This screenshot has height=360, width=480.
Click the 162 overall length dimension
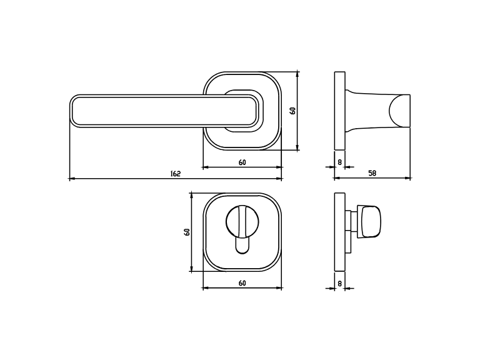pos(176,174)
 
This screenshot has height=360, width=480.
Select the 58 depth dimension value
pos(372,173)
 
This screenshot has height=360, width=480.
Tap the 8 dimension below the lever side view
pos(339,162)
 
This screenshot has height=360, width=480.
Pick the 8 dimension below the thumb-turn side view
pos(339,283)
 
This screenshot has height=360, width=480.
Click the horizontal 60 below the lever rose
pos(242,162)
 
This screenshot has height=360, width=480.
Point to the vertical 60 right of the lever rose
pos(292,111)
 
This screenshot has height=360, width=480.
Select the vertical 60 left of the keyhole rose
pos(186,232)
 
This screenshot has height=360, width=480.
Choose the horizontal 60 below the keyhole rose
pos(242,283)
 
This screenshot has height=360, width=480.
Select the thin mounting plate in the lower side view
pos(339,231)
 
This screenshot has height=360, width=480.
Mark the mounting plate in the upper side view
pos(339,111)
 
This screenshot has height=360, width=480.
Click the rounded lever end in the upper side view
pos(400,111)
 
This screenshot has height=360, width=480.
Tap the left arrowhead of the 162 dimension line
pos(71,179)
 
